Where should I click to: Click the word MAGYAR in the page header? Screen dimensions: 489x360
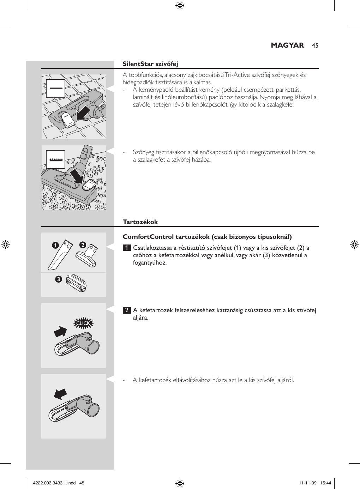click(x=287, y=46)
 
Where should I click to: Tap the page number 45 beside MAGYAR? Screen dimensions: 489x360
click(x=315, y=46)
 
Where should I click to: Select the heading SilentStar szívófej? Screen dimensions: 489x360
click(x=150, y=64)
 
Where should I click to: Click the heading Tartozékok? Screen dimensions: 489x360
click(x=140, y=222)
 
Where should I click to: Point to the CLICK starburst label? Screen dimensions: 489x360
click(x=83, y=323)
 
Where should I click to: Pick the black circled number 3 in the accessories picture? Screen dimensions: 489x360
click(x=58, y=279)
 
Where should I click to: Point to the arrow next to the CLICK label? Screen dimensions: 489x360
click(x=61, y=332)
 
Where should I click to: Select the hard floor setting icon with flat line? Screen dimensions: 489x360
click(x=55, y=87)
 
